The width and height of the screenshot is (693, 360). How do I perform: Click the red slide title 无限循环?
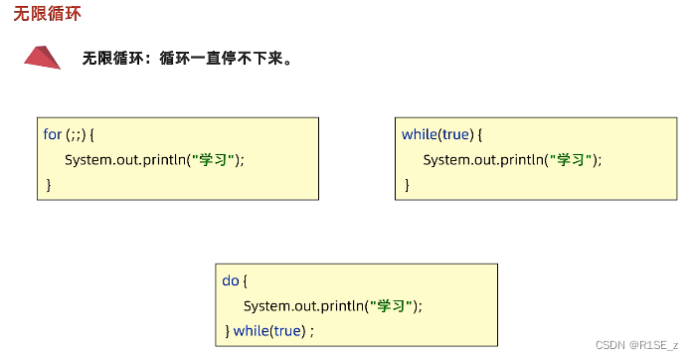coord(48,15)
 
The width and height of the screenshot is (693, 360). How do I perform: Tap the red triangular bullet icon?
coord(43,58)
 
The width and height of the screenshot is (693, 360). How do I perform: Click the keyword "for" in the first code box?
coord(52,133)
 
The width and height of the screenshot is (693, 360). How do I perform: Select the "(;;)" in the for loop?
coord(78,133)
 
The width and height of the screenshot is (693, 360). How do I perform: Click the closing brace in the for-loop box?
coord(48,184)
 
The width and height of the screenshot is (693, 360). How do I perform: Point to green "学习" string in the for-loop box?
coord(214,159)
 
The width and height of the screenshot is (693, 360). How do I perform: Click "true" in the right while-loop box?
coord(458,133)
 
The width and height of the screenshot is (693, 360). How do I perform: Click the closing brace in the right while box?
coord(406,184)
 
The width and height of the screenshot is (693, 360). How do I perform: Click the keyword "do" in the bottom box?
coord(230,280)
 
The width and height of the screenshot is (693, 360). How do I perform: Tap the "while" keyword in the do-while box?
coord(252,330)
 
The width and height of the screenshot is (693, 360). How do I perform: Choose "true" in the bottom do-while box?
coord(287,330)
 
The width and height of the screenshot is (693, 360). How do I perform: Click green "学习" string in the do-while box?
coord(392,305)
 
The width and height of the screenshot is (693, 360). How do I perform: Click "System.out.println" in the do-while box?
coord(304,305)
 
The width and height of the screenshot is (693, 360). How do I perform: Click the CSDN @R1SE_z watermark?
coord(636,344)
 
